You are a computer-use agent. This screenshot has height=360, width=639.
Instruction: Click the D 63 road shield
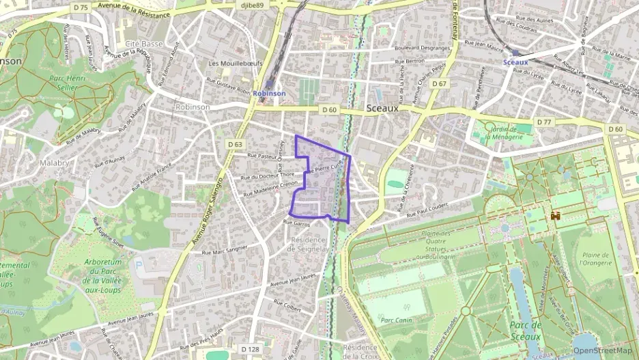(x=236, y=144)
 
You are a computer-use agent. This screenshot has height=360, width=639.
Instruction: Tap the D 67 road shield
(x=440, y=84)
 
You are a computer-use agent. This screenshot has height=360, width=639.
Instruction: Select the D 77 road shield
(x=543, y=122)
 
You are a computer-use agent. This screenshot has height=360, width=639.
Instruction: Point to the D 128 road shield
(x=250, y=349)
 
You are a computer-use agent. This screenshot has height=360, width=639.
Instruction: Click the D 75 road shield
(x=81, y=7)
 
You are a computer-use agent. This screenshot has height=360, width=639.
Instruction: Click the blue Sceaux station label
(x=515, y=62)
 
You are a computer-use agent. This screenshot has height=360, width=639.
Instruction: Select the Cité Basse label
(x=144, y=44)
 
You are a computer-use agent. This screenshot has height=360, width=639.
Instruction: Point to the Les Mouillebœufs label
(x=232, y=64)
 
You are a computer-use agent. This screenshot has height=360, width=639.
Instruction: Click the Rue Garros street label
(x=297, y=223)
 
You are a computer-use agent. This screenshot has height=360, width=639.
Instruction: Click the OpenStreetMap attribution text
(x=602, y=350)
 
